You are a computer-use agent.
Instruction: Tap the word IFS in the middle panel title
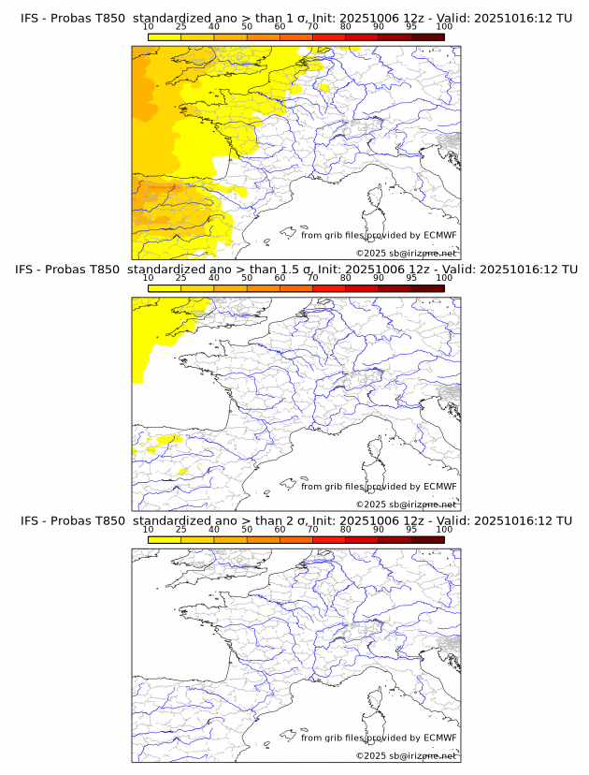[29, 270]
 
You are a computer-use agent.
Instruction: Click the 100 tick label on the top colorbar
[444, 26]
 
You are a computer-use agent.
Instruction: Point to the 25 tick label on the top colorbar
[180, 26]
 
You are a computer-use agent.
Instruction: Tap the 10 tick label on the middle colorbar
[148, 278]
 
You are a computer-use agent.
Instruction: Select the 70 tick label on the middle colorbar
[312, 278]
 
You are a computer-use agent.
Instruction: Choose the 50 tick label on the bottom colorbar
[247, 530]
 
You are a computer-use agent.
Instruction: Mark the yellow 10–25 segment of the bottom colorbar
[164, 539]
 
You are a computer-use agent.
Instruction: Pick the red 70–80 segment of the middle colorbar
[329, 287]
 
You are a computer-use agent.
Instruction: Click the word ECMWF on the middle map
[439, 487]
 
